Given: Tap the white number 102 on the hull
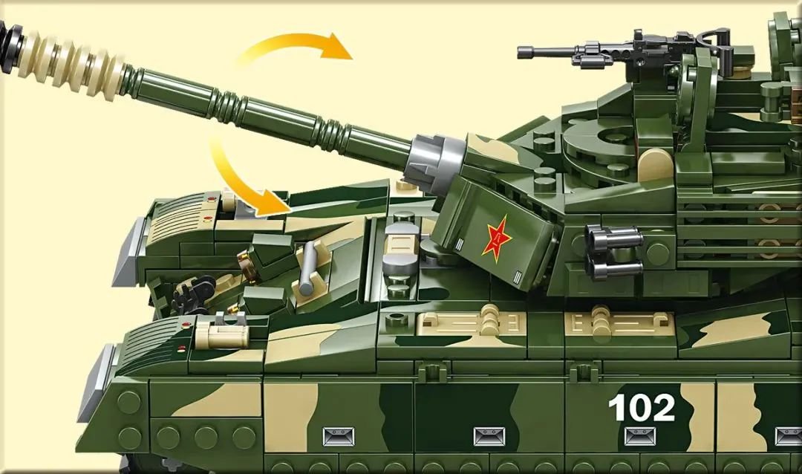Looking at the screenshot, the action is [642, 408].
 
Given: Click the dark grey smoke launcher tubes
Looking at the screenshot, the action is [614, 252].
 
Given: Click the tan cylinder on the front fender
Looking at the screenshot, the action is [222, 334].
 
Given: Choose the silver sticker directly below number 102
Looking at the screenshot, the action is [640, 437].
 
